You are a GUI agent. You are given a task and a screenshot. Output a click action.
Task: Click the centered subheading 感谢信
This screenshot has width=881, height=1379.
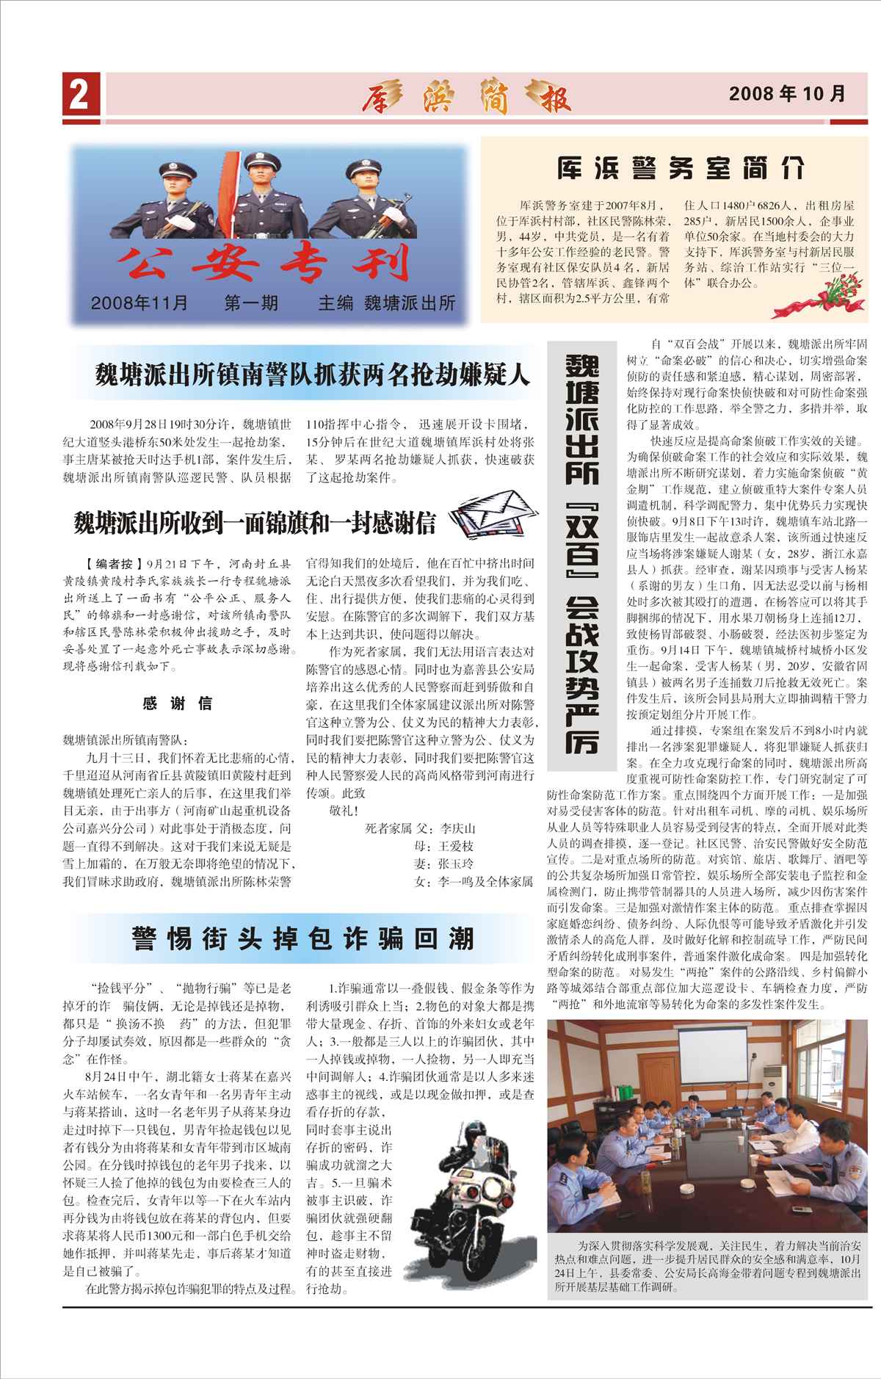[x=178, y=704]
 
